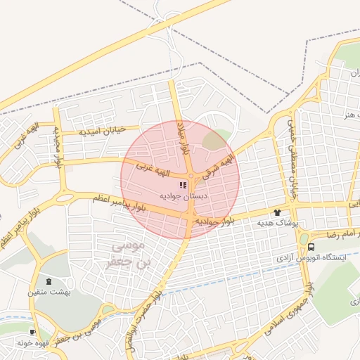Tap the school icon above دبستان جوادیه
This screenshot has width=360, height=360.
[183, 185]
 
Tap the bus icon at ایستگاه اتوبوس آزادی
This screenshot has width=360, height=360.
[311, 247]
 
